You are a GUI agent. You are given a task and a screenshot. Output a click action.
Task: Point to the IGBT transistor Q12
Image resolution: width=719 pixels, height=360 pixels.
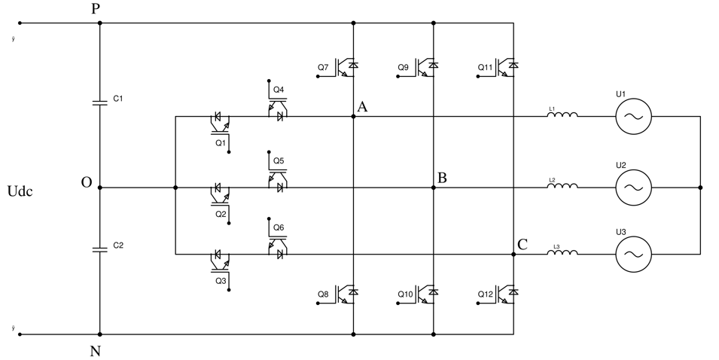tap(507, 293)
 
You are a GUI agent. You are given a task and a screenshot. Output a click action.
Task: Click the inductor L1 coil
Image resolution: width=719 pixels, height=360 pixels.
tap(562, 115)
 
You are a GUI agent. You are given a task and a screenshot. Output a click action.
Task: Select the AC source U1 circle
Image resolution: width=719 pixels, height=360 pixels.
tap(633, 117)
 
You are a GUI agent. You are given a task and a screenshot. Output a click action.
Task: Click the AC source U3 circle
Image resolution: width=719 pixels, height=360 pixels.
tap(633, 255)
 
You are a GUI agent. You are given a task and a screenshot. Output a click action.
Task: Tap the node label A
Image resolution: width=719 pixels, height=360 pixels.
tap(362, 107)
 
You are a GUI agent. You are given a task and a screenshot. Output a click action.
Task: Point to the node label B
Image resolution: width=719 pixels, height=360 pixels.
tap(442, 178)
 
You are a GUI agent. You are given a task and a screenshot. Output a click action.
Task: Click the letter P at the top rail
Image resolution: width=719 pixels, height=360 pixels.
tap(95, 10)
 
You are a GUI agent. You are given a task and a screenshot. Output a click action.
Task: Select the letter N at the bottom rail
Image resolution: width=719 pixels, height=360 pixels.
tap(96, 351)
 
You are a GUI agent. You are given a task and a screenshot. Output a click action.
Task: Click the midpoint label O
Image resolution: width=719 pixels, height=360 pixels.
tap(87, 183)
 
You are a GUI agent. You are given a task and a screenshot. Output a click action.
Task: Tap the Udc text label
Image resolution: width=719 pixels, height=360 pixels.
tap(20, 191)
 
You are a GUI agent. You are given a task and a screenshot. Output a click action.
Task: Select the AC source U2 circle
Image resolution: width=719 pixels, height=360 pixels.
tap(633, 187)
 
